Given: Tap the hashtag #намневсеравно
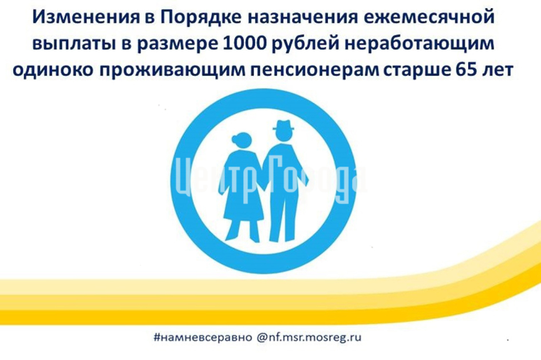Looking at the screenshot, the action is [203, 337].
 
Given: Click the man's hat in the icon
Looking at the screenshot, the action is [283, 125].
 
